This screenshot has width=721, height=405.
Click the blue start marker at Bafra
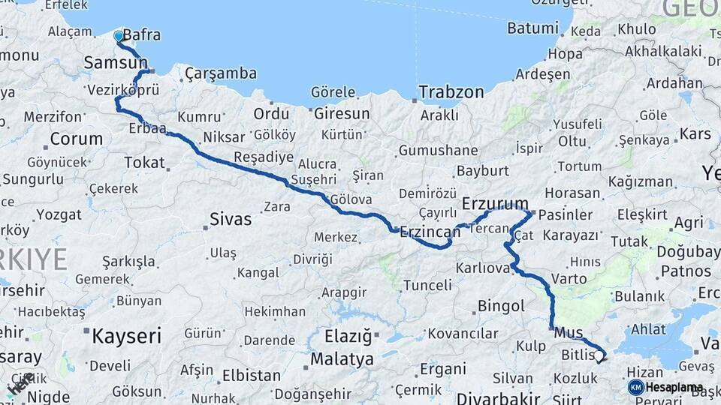pos(118,35)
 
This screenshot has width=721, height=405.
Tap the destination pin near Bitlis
pos(599,358)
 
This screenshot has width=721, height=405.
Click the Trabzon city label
pos(451,92)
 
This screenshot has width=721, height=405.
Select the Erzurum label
pos(495,203)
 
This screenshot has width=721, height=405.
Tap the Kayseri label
pos(126,336)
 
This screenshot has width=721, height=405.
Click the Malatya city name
pos(342,359)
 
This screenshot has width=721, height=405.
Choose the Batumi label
pos(532,28)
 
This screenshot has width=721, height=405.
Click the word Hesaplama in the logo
pos(674,388)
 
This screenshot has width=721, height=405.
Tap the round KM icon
pos(636,388)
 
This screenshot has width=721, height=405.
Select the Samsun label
pos(116,63)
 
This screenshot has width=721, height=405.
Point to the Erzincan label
pos(429,231)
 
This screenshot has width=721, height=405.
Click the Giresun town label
pos(342,114)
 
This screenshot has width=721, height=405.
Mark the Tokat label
pos(144,162)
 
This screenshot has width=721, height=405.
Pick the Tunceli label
pos(427,285)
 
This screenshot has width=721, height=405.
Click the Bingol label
pos(501,306)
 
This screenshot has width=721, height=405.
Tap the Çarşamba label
pos(220,73)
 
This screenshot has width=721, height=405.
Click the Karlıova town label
pos(483,268)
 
